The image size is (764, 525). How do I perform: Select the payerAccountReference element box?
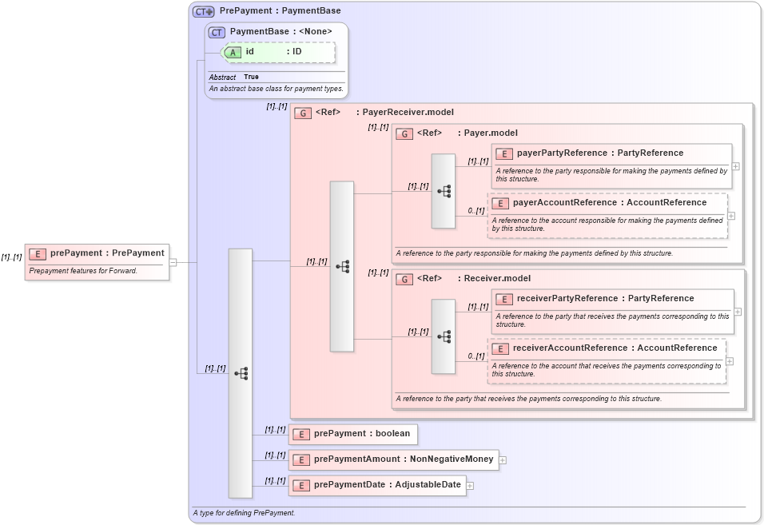tap(607, 215)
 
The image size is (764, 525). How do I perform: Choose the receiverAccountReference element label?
tap(615, 348)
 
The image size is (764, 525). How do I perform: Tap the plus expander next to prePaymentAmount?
tap(503, 459)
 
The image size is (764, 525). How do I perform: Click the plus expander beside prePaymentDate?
tap(470, 485)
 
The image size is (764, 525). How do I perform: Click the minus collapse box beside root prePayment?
tap(173, 261)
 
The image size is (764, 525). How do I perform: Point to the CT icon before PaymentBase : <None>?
tap(217, 32)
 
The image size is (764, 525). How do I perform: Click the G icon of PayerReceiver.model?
tap(303, 113)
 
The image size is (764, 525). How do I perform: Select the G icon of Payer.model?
tap(404, 133)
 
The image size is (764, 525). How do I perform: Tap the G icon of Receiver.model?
tap(404, 279)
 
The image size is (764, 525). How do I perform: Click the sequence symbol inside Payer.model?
tap(444, 191)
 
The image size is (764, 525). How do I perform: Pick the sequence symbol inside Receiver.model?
tap(444, 336)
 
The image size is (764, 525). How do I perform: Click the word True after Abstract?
tap(251, 77)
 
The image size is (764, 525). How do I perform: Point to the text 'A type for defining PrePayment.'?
tap(244, 512)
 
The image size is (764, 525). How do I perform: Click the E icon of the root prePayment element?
tap(38, 253)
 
